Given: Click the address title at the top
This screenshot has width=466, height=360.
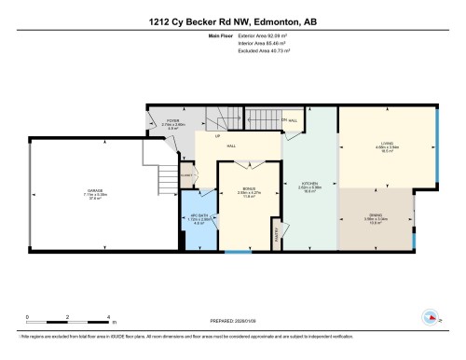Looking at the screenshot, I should point(232,21).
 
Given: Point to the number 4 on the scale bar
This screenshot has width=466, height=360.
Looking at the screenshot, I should point(109,318).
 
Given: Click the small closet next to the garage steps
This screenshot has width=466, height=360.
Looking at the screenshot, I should point(185,174).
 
